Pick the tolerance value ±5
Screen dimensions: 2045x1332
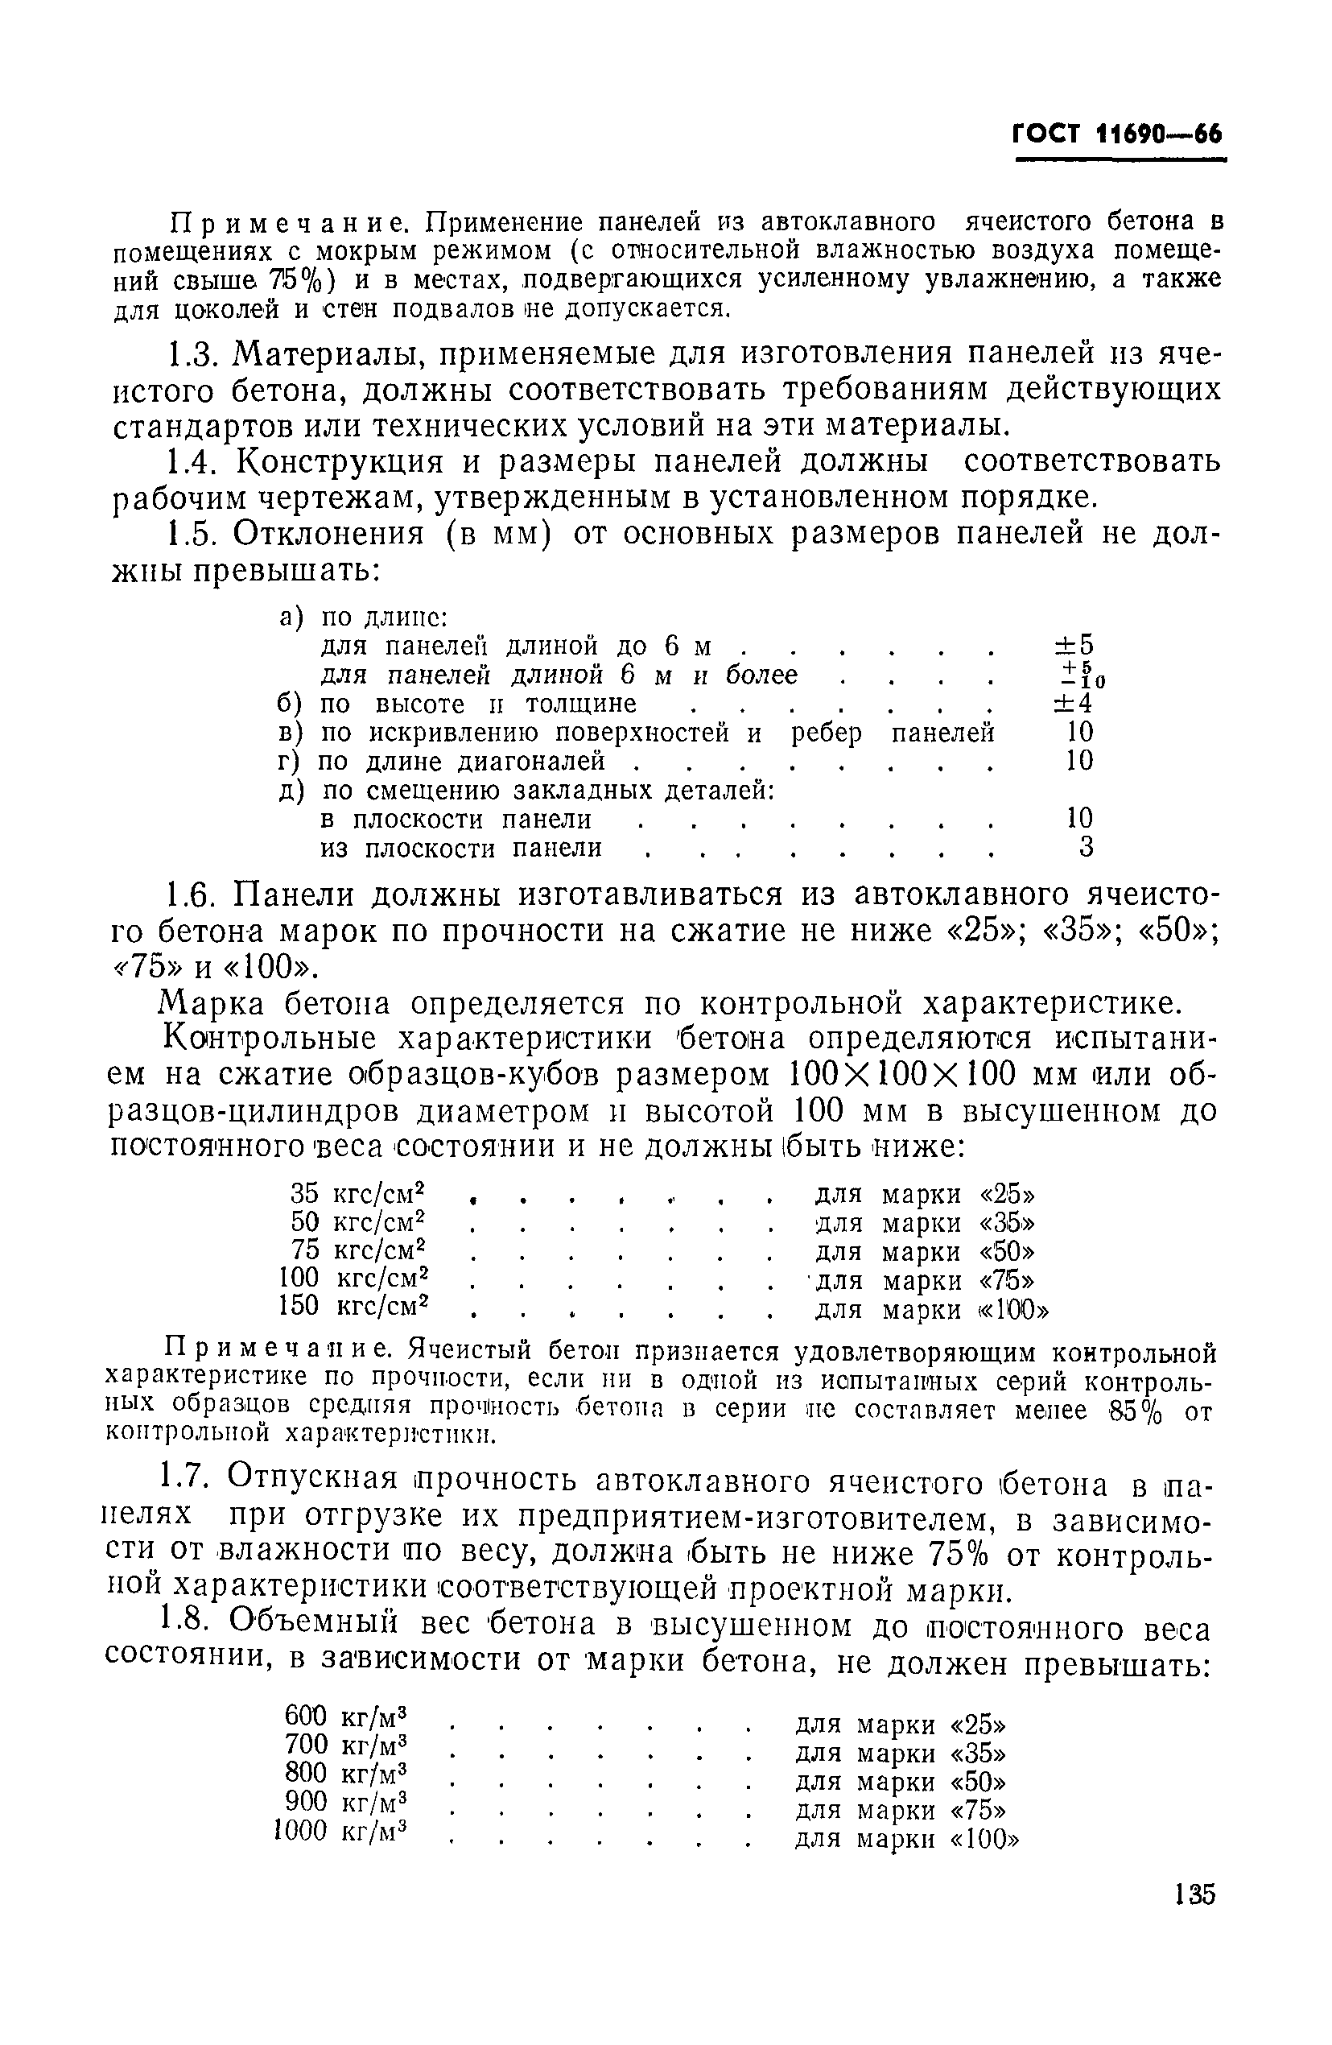coord(1074,645)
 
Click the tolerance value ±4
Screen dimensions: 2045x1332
coord(1074,704)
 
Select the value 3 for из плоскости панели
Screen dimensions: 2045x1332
coord(1086,848)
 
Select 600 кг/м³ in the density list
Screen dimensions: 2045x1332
coord(344,1717)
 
